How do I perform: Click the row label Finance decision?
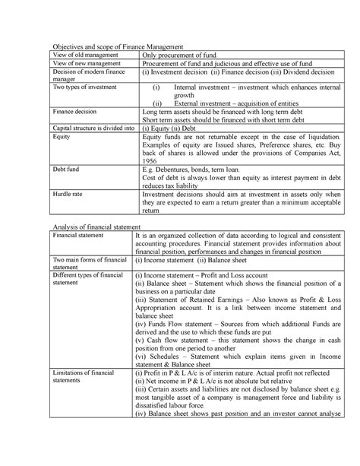point(74,111)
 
